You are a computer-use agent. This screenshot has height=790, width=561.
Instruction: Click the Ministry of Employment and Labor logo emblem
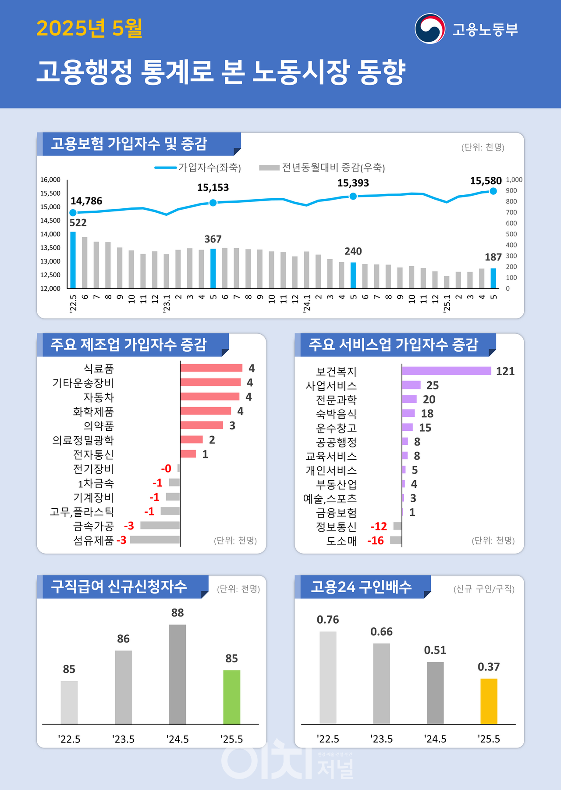click(x=430, y=29)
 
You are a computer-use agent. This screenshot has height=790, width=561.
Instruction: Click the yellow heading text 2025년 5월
click(x=89, y=29)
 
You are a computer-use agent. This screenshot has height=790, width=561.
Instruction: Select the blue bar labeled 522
click(x=73, y=260)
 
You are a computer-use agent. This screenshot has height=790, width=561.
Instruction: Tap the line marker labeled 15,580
click(x=493, y=191)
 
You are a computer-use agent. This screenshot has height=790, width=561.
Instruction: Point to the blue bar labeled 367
click(x=213, y=268)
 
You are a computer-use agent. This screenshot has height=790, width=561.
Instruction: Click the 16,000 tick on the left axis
click(x=50, y=180)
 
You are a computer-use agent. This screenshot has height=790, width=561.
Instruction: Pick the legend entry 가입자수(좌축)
click(x=198, y=168)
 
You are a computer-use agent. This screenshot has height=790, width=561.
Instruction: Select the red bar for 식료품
click(x=211, y=368)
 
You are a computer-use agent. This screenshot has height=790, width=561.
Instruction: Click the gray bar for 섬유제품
click(x=155, y=540)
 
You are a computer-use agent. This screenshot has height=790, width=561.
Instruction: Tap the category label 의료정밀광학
click(x=83, y=440)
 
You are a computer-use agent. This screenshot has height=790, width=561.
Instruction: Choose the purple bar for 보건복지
click(x=446, y=371)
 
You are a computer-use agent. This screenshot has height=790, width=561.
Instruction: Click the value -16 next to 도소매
click(x=376, y=541)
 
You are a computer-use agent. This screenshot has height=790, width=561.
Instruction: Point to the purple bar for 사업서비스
click(x=411, y=385)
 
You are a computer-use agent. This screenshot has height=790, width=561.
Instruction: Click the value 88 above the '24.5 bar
click(x=178, y=613)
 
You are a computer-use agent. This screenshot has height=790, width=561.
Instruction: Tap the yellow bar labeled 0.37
click(x=489, y=701)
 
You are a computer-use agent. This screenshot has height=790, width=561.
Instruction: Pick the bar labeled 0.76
click(x=328, y=677)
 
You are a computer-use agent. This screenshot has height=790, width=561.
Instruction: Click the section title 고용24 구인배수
click(x=361, y=587)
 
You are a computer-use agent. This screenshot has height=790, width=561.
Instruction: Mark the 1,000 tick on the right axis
click(x=514, y=180)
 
